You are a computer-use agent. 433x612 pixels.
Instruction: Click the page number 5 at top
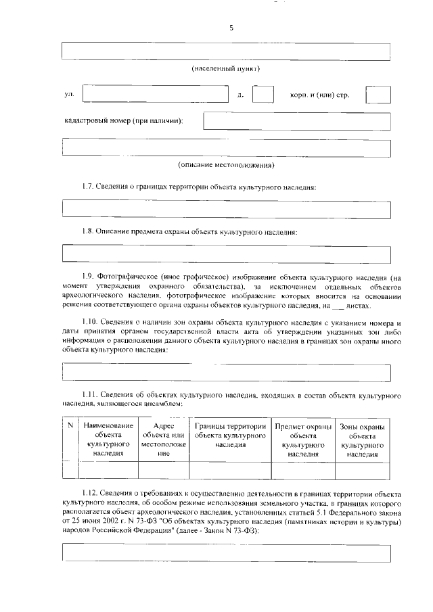[231, 28]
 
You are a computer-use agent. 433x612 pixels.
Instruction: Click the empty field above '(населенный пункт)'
[226, 51]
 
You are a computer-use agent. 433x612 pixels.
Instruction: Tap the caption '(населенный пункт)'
[226, 69]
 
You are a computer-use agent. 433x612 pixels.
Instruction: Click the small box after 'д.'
[263, 94]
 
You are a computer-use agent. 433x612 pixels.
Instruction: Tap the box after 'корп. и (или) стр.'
[378, 94]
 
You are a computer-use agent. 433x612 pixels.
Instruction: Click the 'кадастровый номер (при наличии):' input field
[297, 120]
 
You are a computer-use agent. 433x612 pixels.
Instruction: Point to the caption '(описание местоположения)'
[226, 164]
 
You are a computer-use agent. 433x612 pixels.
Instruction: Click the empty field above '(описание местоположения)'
[226, 147]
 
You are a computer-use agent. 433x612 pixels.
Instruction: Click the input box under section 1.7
[226, 209]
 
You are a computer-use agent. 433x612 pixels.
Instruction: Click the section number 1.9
[88, 277]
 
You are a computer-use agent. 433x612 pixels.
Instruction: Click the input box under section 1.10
[226, 372]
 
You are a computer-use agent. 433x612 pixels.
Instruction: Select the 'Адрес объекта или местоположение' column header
[164, 440]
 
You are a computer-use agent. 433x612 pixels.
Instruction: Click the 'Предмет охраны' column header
[303, 440]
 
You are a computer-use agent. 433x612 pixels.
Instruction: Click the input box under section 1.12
[226, 552]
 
